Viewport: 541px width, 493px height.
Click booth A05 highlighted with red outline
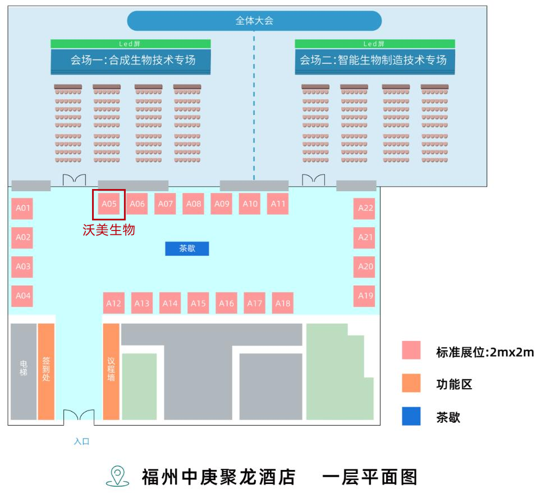109,204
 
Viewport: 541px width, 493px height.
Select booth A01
22,209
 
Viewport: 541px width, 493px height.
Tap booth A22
365,208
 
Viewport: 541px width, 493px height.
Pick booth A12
113,303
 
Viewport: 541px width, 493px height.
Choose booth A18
283,303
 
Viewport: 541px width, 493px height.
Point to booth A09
222,204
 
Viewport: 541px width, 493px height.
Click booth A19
365,296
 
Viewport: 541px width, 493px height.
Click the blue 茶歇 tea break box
187,248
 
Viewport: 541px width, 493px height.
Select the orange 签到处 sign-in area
46,371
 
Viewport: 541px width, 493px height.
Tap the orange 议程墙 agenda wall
111,371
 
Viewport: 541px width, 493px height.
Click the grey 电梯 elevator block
24,371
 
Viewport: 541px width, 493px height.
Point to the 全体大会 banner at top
254,21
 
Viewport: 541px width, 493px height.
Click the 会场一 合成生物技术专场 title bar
131,60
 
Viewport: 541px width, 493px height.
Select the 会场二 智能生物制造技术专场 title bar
374,60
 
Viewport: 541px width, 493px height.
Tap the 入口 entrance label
81,441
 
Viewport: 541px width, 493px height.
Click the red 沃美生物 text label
109,230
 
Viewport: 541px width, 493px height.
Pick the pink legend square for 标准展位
411,351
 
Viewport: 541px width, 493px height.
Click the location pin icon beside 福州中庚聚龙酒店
117,476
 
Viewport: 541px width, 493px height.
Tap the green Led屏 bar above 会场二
374,44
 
